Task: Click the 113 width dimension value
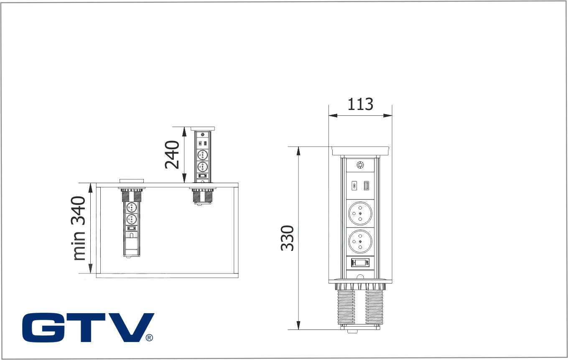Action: point(360,104)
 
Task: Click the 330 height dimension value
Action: point(287,238)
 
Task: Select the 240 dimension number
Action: point(172,155)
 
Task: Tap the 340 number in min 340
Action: point(78,211)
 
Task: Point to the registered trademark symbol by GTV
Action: point(149,338)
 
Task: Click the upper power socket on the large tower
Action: point(360,213)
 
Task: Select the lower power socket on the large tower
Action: point(360,242)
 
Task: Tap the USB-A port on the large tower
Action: point(367,186)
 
